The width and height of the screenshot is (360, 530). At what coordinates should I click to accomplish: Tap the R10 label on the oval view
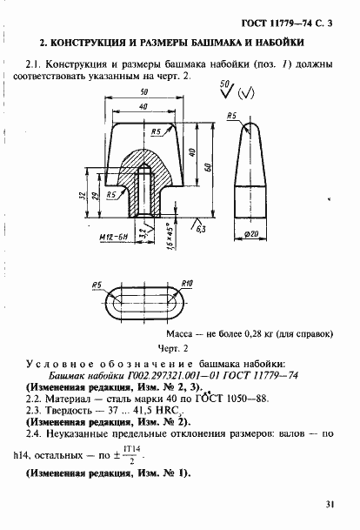pyautogui.click(x=187, y=284)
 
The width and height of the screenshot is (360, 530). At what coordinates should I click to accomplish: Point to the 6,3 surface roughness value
pyautogui.click(x=202, y=229)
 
